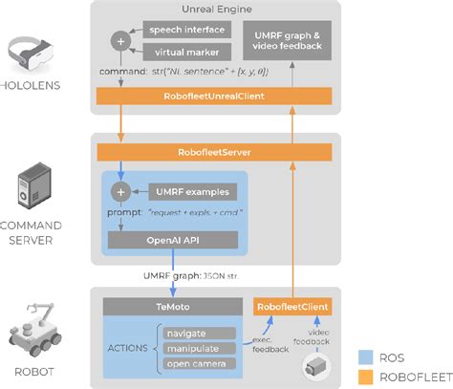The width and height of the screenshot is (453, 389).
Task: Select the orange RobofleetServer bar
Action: [211, 151]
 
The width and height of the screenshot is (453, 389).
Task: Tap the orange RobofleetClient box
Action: [292, 307]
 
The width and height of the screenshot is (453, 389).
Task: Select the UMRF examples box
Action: [192, 191]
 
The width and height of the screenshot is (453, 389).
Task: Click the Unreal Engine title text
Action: [212, 9]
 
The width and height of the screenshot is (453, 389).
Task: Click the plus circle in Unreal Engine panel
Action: [121, 42]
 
